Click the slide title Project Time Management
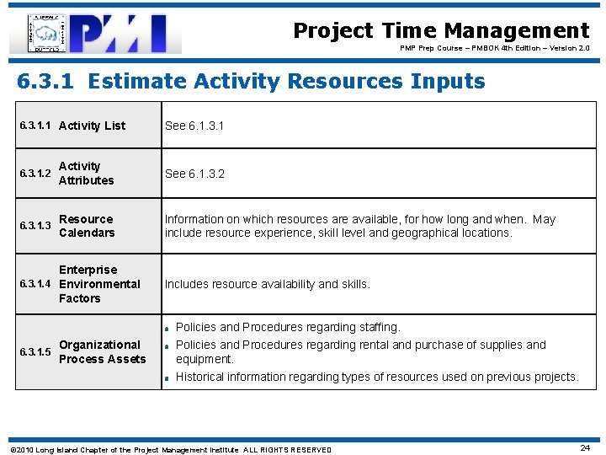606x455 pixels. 441,31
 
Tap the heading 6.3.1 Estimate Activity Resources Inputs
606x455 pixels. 252,82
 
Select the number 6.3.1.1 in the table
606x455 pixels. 35,126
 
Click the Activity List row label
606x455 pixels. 92,126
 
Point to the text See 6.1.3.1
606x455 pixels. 194,126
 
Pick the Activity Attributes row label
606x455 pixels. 86,174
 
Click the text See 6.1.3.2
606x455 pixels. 194,174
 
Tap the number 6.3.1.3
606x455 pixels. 35,226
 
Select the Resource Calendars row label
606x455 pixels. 87,226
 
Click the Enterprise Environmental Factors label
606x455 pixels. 99,284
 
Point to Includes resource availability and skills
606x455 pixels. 267,285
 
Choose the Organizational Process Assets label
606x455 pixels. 102,352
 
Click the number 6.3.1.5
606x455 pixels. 35,352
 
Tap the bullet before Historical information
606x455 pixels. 168,378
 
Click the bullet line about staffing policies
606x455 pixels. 287,327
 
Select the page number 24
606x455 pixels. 585,448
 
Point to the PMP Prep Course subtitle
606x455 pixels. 494,49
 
